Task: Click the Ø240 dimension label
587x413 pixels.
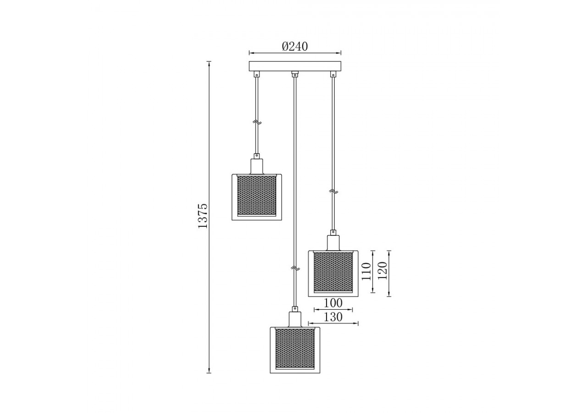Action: (x=295, y=46)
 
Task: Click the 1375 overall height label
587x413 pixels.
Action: (x=203, y=216)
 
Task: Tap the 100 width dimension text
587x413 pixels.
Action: (x=333, y=303)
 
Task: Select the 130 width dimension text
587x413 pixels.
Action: (x=333, y=317)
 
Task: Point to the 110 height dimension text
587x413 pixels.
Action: (x=365, y=271)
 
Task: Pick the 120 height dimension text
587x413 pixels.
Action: (x=382, y=271)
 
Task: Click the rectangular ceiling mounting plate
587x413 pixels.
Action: (x=295, y=66)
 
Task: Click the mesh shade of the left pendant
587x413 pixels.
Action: (x=257, y=195)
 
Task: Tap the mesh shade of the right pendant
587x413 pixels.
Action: (x=333, y=272)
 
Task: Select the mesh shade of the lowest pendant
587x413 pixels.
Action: (x=295, y=348)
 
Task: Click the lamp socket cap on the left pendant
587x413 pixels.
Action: (x=257, y=166)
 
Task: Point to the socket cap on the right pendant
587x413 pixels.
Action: (x=333, y=242)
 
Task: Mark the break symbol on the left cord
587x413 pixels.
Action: (x=257, y=123)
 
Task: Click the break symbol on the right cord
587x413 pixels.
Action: (x=333, y=190)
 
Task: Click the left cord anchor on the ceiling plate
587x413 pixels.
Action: (x=257, y=73)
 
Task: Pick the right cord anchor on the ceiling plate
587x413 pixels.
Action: (x=333, y=73)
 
